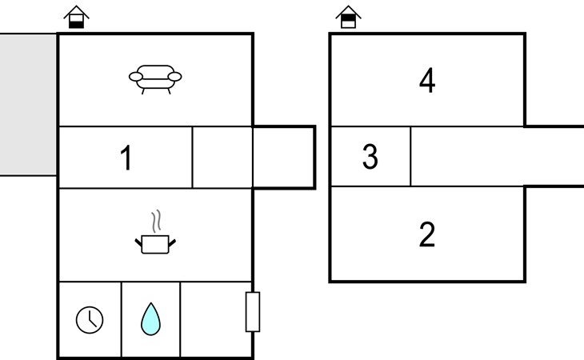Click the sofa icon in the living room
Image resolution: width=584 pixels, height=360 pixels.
pyautogui.click(x=155, y=78)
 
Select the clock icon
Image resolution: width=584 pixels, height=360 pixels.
pyautogui.click(x=90, y=320)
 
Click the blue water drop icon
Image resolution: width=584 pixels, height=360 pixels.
pyautogui.click(x=150, y=318)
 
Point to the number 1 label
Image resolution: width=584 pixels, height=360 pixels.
pyautogui.click(x=126, y=158)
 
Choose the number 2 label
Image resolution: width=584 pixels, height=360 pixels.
pyautogui.click(x=427, y=235)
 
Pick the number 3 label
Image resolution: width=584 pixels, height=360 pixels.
pyautogui.click(x=370, y=158)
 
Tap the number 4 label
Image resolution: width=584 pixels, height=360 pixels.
pyautogui.click(x=427, y=80)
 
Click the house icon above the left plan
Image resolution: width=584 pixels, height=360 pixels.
pyautogui.click(x=76, y=17)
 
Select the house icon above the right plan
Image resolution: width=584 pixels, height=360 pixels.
pyautogui.click(x=348, y=17)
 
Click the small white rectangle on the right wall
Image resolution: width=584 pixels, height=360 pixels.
pyautogui.click(x=252, y=312)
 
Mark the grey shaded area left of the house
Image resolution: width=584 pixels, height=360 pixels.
pyautogui.click(x=28, y=104)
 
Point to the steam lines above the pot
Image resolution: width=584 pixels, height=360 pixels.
pyautogui.click(x=157, y=220)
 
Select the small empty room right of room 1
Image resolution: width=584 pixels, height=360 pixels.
pyautogui.click(x=222, y=158)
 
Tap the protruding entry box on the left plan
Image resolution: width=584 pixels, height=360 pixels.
pyautogui.click(x=284, y=158)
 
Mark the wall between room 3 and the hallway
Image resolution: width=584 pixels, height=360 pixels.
pyautogui.click(x=410, y=158)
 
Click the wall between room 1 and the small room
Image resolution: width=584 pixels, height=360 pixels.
pyautogui.click(x=192, y=158)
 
